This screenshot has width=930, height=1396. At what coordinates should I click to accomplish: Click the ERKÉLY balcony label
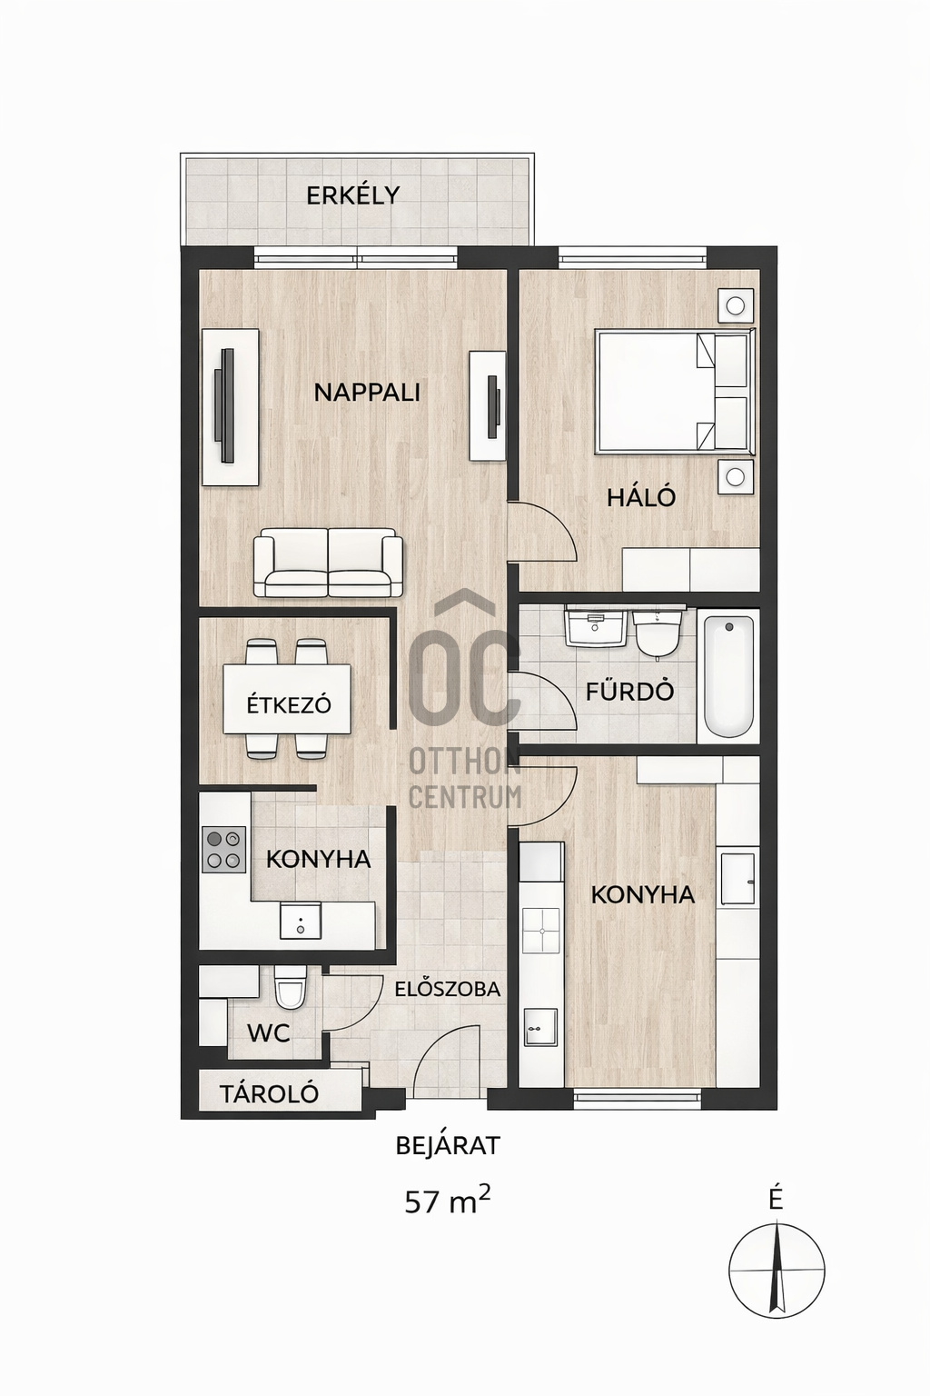click(352, 195)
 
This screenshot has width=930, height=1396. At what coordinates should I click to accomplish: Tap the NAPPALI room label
click(367, 393)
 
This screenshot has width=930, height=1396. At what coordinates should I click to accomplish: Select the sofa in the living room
click(328, 563)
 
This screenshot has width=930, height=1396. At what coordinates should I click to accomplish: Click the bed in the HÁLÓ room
click(675, 392)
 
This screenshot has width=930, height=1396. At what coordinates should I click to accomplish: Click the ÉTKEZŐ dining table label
click(288, 705)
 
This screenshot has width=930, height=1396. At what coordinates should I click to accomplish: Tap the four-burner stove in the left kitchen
click(223, 851)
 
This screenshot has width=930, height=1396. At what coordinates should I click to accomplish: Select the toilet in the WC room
click(291, 988)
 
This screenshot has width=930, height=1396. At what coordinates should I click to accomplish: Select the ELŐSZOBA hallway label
click(448, 989)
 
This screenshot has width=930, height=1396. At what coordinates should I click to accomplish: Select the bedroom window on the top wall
click(632, 256)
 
